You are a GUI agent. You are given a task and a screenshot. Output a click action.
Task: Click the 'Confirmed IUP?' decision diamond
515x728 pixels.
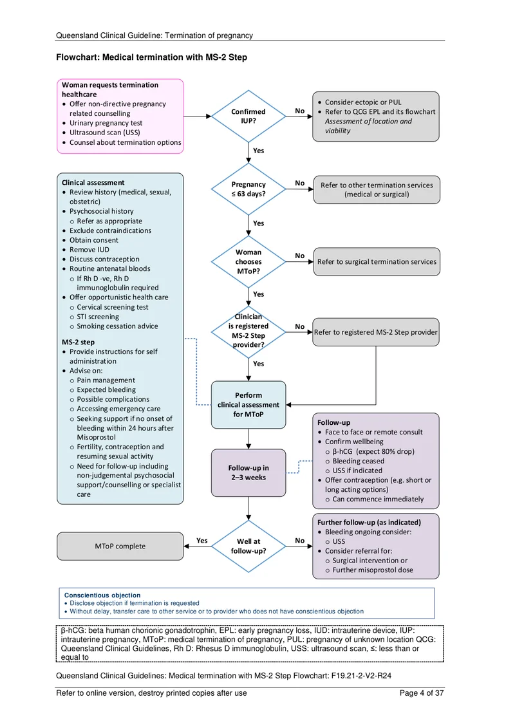coord(248,116)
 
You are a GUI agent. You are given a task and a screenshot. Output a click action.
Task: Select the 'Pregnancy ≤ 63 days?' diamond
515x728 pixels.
coord(248,189)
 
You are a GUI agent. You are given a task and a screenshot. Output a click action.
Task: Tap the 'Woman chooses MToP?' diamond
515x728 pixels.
coord(248,261)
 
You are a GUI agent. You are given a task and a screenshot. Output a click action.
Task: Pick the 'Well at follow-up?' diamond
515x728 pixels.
coord(248,546)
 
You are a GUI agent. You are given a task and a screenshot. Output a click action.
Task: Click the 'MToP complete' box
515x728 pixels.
coord(120,546)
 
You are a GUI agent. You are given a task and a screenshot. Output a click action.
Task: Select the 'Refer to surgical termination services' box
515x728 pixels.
coord(377,262)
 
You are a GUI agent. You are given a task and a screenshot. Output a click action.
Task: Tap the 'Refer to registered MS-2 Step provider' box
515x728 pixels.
coord(376,332)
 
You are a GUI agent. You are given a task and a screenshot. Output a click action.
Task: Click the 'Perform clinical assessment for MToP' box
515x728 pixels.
coord(248,405)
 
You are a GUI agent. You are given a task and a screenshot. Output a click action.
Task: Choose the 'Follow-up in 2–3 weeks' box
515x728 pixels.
coord(248,472)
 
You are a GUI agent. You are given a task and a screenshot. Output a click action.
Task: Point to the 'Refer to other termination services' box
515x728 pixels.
coord(377,189)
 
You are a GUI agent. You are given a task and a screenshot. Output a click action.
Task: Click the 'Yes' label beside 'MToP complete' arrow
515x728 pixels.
coord(202,541)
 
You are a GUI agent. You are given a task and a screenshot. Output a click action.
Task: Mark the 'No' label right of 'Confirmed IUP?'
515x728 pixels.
coord(300,111)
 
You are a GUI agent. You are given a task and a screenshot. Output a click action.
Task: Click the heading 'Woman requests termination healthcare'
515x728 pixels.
coord(110,89)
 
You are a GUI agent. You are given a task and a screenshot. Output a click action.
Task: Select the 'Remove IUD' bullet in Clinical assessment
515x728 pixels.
coord(89,249)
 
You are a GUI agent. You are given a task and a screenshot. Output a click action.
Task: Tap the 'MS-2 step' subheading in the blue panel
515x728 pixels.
coord(78,342)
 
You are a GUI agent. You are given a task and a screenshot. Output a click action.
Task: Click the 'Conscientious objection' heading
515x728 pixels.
coord(102,595)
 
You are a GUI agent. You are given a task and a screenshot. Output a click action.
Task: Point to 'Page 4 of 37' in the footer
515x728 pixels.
coord(422,693)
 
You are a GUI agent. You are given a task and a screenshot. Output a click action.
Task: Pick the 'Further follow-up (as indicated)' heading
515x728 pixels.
coord(369,522)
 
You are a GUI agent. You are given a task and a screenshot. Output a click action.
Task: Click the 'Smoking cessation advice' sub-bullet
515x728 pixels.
coord(118,326)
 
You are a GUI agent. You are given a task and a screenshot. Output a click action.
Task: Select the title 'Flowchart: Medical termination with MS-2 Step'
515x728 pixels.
coord(151,57)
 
